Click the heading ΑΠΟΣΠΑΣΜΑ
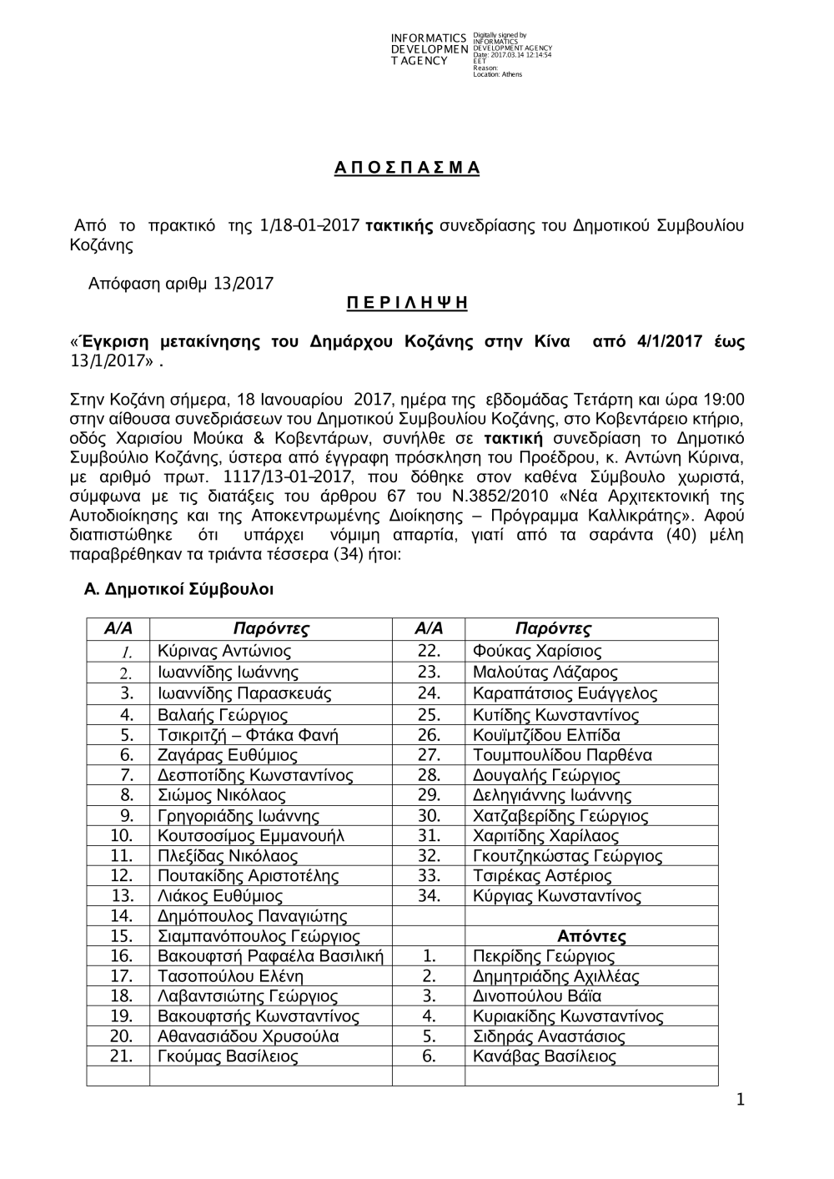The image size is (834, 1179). coord(407,168)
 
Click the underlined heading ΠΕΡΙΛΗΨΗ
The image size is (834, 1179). coord(407,304)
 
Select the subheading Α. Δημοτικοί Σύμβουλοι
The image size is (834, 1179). coord(179,589)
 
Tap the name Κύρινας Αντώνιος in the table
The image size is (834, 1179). coord(224,652)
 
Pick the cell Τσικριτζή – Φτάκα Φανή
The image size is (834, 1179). coord(248,735)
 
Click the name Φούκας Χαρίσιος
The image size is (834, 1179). coord(536,652)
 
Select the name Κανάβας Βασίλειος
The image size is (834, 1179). coord(544,1057)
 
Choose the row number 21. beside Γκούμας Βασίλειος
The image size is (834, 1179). coord(122,1057)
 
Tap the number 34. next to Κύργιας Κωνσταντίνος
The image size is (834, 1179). coord(429,897)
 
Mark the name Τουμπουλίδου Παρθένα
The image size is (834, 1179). coord(562,755)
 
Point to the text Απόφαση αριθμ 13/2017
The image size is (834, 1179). coord(181,284)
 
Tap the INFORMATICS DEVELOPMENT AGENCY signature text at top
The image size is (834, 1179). coord(429,50)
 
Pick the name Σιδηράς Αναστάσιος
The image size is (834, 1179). coord(548,1037)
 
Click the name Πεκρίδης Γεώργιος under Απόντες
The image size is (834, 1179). coord(543,956)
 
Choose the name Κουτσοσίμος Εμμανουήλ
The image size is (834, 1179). coord(250,836)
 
